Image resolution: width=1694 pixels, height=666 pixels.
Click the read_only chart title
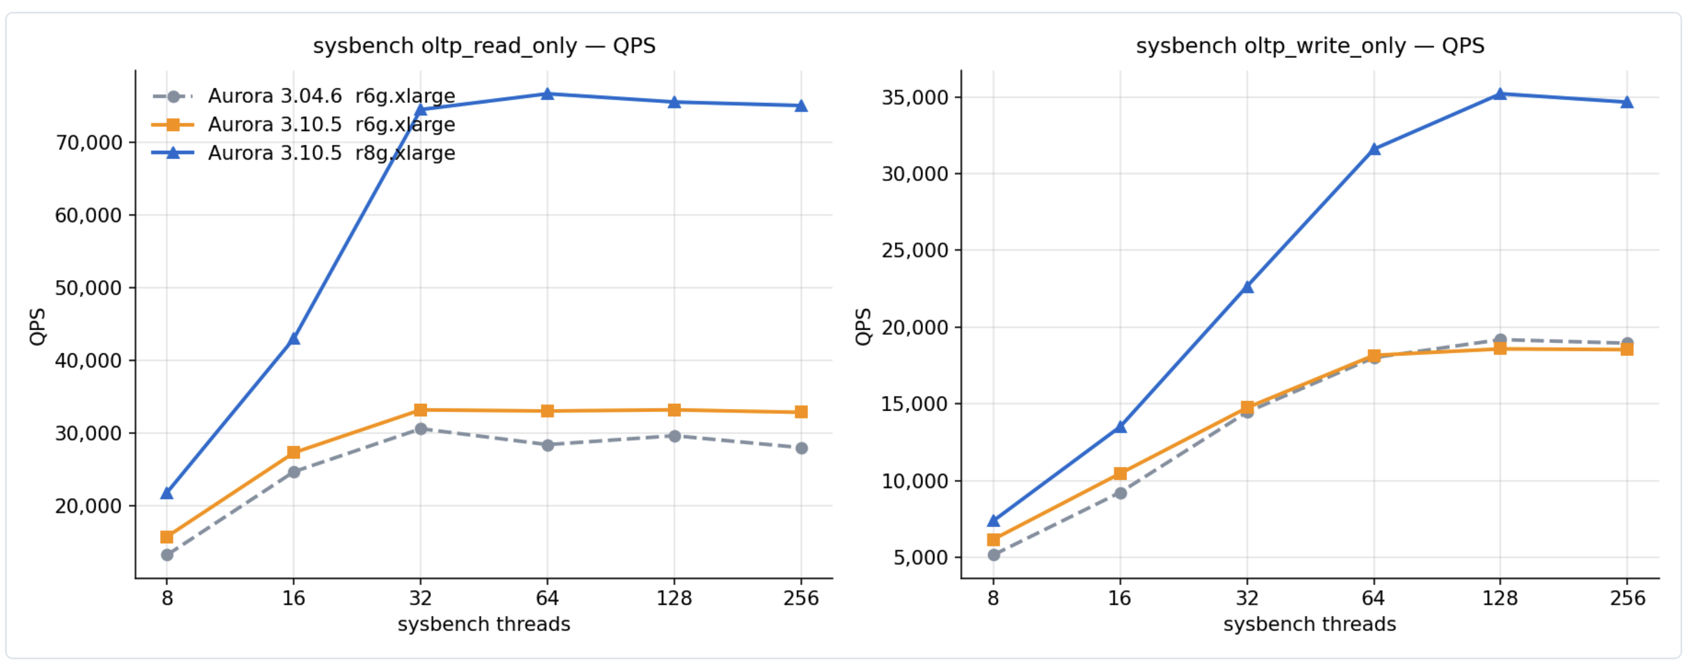click(x=484, y=46)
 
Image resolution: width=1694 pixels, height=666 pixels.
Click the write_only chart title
click(x=1310, y=46)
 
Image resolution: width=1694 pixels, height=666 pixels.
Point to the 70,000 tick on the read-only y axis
click(x=89, y=143)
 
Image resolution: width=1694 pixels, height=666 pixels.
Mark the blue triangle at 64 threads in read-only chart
click(x=547, y=94)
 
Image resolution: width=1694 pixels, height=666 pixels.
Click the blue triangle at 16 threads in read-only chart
click(x=294, y=339)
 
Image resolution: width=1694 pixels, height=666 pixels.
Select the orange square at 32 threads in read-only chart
click(x=421, y=410)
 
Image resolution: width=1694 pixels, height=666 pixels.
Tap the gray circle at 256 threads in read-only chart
click(x=801, y=448)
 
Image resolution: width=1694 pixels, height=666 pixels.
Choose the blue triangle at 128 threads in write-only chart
click(x=1500, y=94)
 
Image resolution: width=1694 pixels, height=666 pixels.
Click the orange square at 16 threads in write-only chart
click(x=1120, y=474)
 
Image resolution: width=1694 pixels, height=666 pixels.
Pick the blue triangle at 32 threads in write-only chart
click(x=1247, y=287)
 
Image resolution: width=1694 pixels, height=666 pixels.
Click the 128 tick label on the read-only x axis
click(x=674, y=598)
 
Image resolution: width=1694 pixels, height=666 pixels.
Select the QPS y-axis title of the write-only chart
click(x=863, y=326)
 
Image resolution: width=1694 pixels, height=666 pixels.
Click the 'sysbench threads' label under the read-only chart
click(x=484, y=624)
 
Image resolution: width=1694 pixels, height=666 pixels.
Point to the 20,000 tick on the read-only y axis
click(x=89, y=506)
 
